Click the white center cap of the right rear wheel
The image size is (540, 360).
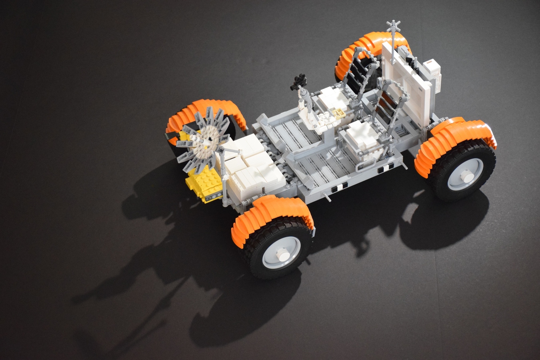(x=465, y=175)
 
